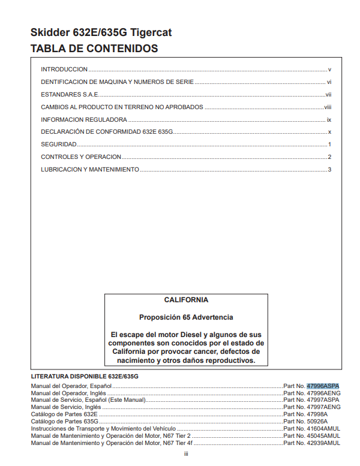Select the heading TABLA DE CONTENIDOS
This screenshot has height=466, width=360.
94,49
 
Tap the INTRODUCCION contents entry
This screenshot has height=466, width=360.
64,70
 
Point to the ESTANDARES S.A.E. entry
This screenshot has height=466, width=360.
70,95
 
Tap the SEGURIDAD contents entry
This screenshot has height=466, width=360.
59,145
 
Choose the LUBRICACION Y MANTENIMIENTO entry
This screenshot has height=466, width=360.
90,170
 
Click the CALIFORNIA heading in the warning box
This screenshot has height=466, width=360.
186,300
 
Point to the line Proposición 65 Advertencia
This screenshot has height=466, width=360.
186,317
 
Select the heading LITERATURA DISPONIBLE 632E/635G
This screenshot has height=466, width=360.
85,375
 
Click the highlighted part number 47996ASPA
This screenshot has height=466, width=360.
323,386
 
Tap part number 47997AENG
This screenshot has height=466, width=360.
323,407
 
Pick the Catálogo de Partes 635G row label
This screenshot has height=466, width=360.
64,422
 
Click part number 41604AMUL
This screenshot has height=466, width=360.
323,429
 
